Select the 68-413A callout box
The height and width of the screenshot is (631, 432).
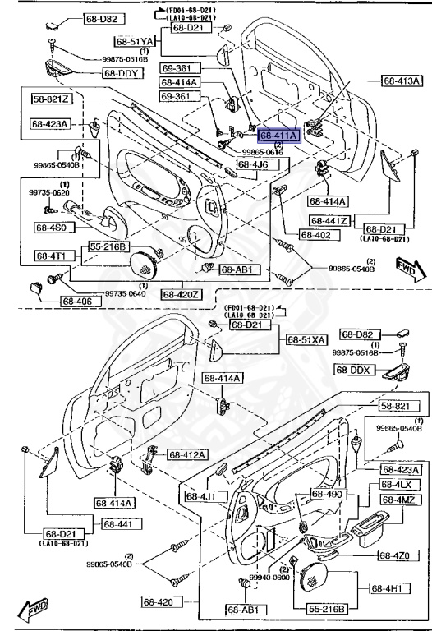coord(402,81)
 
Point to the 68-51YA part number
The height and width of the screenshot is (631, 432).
coord(135,41)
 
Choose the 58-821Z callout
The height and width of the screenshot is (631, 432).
coord(52,99)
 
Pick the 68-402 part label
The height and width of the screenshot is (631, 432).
coord(315,235)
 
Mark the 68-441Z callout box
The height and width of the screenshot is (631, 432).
coord(330,221)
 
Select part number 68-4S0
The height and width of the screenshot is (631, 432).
coord(53,227)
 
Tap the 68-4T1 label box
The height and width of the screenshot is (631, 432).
coord(53,256)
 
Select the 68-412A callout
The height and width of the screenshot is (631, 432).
coord(188,454)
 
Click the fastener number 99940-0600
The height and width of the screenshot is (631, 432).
coord(270,578)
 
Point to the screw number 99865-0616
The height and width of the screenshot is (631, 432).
coord(263,153)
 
